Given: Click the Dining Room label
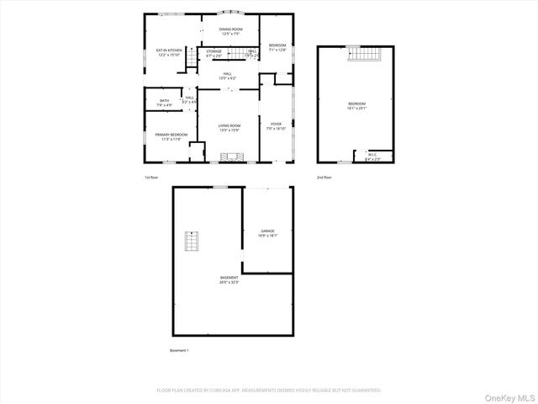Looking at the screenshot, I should (230, 31).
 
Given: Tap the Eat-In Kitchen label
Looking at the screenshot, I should (169, 51).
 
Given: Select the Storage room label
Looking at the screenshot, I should (214, 53).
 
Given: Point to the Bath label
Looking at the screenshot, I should (165, 103).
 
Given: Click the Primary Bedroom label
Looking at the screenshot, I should (171, 136).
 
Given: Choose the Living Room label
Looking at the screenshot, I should (229, 127).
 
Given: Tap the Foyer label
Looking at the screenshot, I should (276, 126).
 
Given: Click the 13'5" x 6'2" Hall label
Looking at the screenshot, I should (229, 76).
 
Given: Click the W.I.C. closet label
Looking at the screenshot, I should (372, 156).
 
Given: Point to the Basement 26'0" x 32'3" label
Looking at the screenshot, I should (229, 279).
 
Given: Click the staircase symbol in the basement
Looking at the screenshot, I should (193, 242).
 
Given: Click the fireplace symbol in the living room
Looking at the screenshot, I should (229, 157).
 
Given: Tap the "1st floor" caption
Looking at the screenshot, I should (151, 178).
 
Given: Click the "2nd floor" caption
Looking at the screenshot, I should (324, 178).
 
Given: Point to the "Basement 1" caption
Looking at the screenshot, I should (180, 349).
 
